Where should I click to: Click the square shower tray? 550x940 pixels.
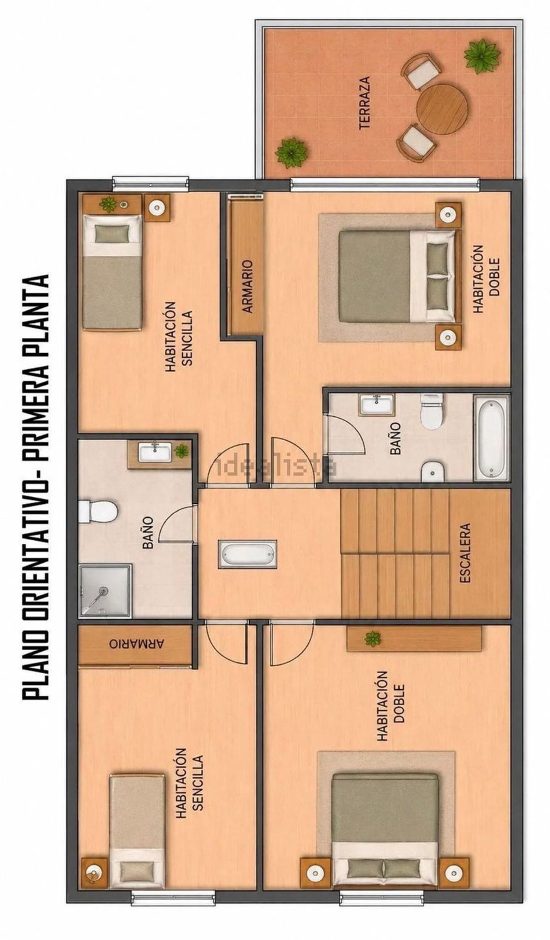tap(105, 591)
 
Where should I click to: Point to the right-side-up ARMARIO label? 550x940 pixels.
tap(247, 286)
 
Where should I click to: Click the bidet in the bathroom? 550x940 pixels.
tap(432, 471)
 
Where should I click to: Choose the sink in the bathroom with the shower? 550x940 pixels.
tap(155, 451)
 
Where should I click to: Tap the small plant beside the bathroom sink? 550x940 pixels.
tap(181, 451)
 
